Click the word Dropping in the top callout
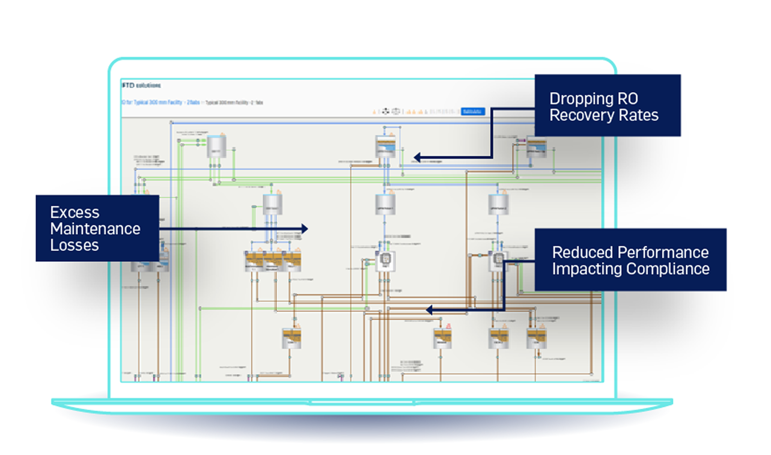pos(581,99)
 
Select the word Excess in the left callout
pos(75,213)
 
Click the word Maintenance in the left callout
pos(95,229)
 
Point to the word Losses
pos(74,245)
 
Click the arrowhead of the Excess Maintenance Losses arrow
pos(305,228)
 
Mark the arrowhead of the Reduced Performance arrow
pos(429,310)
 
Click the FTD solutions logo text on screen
pos(142,85)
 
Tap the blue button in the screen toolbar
pos(473,111)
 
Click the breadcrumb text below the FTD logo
pos(192,103)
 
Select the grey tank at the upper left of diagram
pos(216,147)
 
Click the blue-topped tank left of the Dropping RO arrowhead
pos(385,146)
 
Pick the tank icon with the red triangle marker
pos(442,337)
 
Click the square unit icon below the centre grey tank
pos(385,261)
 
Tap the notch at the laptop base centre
pos(362,402)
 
